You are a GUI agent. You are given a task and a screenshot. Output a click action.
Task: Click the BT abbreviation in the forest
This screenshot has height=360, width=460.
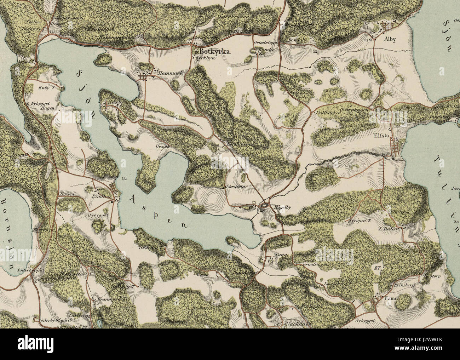click(376, 269)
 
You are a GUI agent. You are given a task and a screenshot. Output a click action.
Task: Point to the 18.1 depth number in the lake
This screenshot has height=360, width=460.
click(124, 178)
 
